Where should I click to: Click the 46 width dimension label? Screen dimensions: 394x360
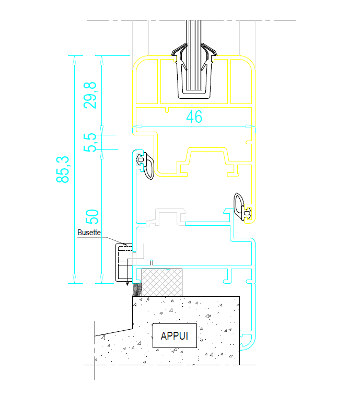click(194, 117)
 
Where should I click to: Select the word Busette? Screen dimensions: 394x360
click(89, 233)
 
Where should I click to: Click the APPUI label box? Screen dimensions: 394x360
click(174, 335)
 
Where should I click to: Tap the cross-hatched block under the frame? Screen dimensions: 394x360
click(162, 282)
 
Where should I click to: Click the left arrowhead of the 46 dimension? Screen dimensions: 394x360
click(137, 126)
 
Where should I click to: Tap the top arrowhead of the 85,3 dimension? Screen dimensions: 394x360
click(75, 59)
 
